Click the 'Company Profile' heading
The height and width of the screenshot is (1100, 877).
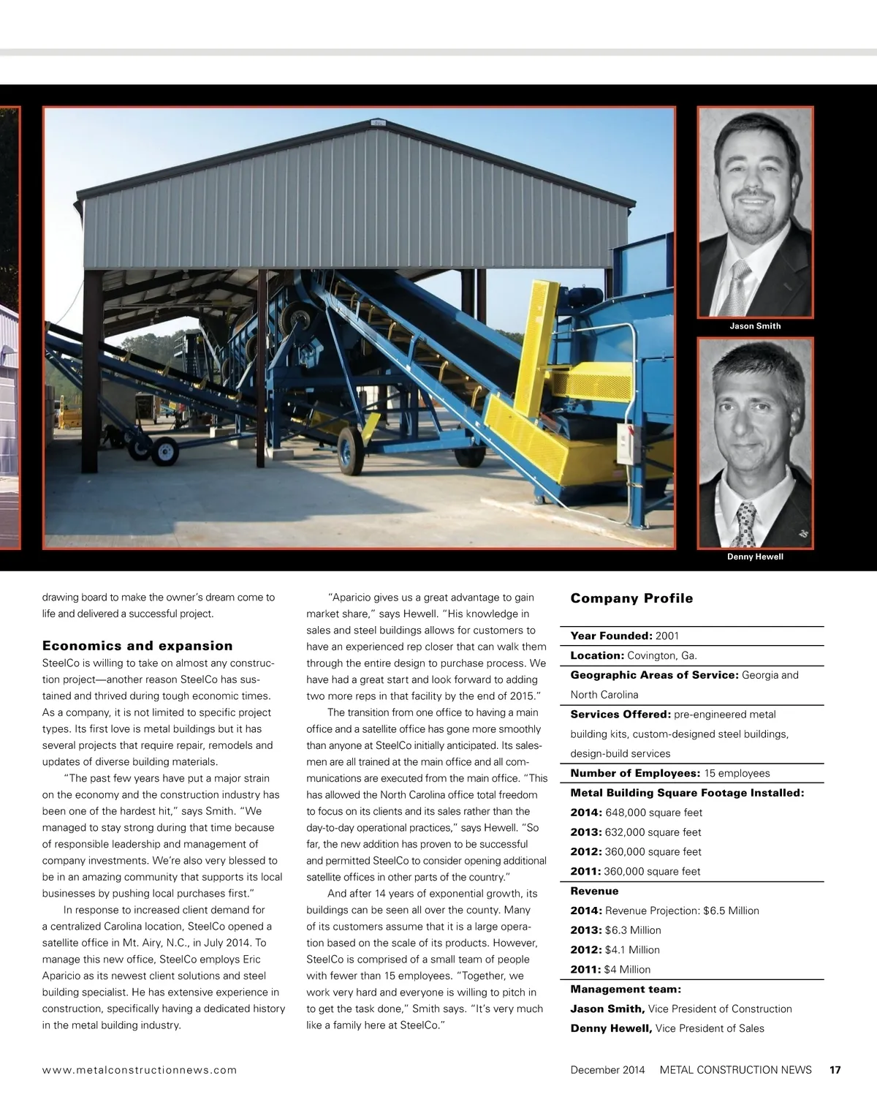(631, 598)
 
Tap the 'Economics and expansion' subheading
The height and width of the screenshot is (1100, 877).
(137, 646)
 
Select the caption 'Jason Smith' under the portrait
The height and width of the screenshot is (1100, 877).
(755, 326)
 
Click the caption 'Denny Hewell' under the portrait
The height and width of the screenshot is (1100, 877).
(755, 557)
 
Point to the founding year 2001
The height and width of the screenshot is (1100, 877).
(667, 636)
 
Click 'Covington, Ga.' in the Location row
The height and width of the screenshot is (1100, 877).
(662, 655)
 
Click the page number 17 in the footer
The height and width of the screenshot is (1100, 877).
(835, 1070)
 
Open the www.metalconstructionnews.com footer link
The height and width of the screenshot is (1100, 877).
(140, 1070)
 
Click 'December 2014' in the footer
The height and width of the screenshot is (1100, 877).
(607, 1070)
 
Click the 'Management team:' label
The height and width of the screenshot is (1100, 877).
(626, 990)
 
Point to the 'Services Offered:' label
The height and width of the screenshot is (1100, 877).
(620, 715)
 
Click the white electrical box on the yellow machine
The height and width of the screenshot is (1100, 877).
(626, 444)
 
